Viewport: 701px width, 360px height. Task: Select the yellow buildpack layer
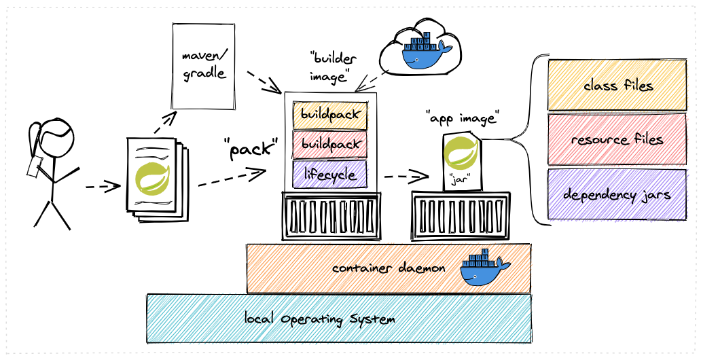(x=329, y=115)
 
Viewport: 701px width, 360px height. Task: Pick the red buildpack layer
(x=329, y=145)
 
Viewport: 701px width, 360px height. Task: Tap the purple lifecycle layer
(x=329, y=174)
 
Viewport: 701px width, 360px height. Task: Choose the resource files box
(x=617, y=139)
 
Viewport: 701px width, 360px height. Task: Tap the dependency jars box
(x=617, y=194)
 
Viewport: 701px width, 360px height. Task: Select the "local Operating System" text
(x=319, y=319)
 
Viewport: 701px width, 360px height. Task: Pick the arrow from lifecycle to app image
(x=406, y=177)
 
